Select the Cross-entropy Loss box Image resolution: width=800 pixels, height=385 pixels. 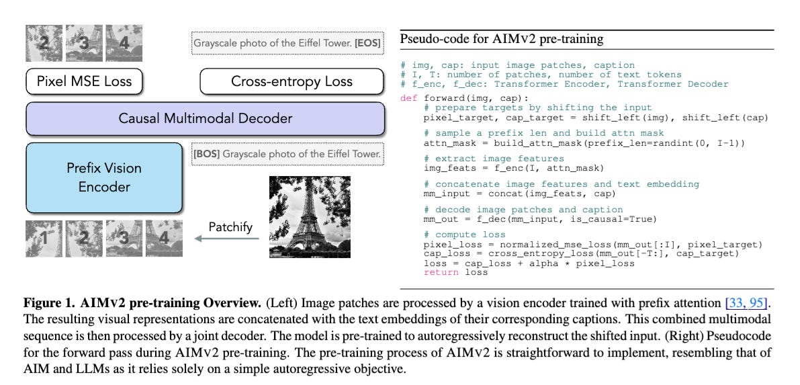point(292,81)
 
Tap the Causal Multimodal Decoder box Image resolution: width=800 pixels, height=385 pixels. point(205,119)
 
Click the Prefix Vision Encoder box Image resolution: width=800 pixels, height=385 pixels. point(104,177)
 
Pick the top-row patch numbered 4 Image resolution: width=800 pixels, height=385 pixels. point(124,43)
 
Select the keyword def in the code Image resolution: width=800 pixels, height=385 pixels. point(408,97)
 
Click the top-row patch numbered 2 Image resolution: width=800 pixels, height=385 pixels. point(44,43)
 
